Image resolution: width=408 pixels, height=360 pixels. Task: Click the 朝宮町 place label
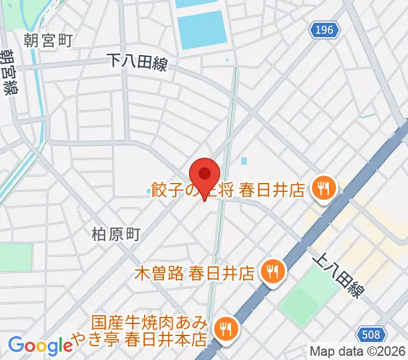pos(48,41)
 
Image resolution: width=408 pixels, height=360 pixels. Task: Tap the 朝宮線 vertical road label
pos(9,72)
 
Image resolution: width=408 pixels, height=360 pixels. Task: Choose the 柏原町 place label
pos(116,233)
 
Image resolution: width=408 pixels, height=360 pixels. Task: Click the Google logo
pos(40,345)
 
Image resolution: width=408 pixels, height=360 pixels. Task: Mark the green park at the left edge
pos(14,257)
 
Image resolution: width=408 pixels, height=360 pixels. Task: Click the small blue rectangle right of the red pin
pos(244,161)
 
